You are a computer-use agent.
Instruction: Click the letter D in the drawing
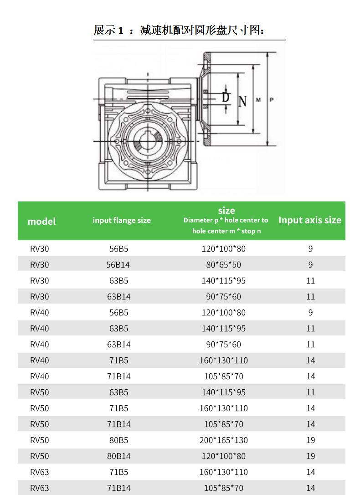tap(226, 97)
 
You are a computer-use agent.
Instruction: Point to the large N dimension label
tap(242, 101)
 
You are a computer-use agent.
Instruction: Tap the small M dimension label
tap(258, 100)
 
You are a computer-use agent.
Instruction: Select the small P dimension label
tap(272, 100)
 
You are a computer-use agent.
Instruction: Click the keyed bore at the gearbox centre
tap(147, 141)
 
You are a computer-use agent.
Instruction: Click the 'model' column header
tap(41, 222)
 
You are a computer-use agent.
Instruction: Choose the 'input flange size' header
tap(122, 220)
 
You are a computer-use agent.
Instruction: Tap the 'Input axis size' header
tap(310, 220)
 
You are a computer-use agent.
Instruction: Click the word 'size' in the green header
tap(226, 210)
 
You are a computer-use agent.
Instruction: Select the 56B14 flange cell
tap(118, 264)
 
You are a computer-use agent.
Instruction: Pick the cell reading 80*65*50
tap(224, 264)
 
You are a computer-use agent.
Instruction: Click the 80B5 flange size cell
tap(118, 440)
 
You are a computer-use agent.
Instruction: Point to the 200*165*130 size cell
tap(224, 440)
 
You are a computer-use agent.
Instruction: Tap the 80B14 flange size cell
tap(118, 456)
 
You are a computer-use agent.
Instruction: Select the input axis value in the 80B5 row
tap(311, 440)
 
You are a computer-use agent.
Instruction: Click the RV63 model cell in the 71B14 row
tap(40, 488)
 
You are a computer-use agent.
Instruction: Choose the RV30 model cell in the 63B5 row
tap(40, 281)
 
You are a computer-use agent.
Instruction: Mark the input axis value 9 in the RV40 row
tap(311, 313)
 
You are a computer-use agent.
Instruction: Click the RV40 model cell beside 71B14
tap(40, 376)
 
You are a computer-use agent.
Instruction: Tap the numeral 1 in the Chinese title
tap(121, 30)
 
